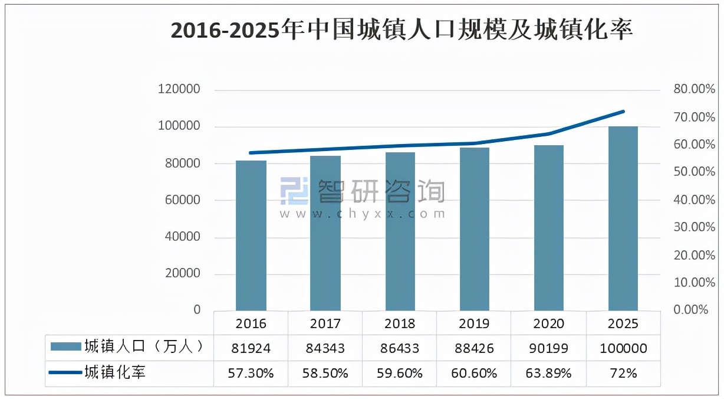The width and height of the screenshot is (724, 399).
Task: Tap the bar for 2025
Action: click(x=623, y=218)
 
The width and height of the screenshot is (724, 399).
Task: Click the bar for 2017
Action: click(x=325, y=233)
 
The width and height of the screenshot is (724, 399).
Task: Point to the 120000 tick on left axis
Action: click(x=179, y=90)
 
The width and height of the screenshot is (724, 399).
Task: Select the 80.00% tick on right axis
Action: click(x=694, y=90)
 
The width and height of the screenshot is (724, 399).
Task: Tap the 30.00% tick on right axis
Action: click(x=694, y=227)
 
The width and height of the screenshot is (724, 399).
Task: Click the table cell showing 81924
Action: click(x=251, y=348)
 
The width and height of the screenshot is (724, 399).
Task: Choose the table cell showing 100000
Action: click(x=623, y=348)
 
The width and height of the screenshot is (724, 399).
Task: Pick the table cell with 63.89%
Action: click(x=549, y=373)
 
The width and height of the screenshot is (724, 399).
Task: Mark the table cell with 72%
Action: click(x=623, y=373)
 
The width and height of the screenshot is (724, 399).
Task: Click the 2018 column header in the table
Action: click(x=400, y=323)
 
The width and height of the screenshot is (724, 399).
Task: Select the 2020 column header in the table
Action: click(x=549, y=323)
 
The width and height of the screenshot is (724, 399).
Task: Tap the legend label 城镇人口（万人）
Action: click(x=144, y=346)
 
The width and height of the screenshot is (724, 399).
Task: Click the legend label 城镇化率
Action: click(x=115, y=372)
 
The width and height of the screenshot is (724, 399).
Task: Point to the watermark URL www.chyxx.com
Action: click(x=363, y=214)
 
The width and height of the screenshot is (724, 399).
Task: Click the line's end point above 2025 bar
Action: click(x=623, y=111)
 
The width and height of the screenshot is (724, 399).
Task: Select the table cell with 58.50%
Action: click(x=325, y=373)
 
